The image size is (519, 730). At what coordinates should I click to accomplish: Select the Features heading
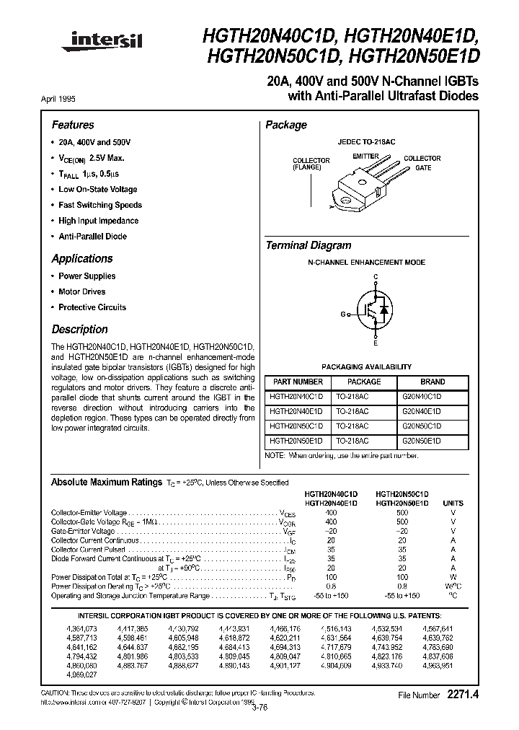73,125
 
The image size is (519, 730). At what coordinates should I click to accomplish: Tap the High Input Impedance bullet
98,221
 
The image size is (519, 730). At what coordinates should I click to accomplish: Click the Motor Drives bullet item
81,291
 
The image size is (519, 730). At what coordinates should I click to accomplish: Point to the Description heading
79,330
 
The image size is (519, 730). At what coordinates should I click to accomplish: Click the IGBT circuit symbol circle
376,308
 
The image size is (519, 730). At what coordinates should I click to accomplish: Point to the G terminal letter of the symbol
343,314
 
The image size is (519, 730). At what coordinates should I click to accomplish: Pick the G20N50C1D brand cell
422,426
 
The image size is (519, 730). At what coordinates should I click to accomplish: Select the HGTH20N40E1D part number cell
296,411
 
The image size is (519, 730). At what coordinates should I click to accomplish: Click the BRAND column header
432,382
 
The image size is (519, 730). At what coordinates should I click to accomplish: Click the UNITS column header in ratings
453,503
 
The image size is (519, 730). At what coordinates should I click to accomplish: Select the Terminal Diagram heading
309,245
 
